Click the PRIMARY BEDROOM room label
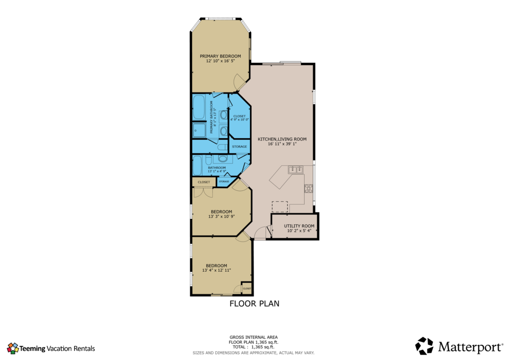(220, 56)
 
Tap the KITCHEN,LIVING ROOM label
(282, 139)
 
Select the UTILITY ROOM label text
(299, 226)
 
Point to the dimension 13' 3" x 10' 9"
(221, 217)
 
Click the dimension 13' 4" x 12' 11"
(216, 270)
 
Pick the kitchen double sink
(295, 170)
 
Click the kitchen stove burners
(308, 188)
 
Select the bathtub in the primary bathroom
(199, 107)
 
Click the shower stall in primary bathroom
(199, 130)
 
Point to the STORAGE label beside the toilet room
(239, 147)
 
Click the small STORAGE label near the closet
(224, 181)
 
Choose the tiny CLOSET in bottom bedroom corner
(247, 289)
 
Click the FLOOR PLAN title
(254, 304)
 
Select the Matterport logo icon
(424, 346)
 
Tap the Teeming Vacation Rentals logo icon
(13, 349)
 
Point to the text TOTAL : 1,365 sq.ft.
(253, 347)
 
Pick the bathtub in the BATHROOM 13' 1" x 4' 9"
(197, 165)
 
